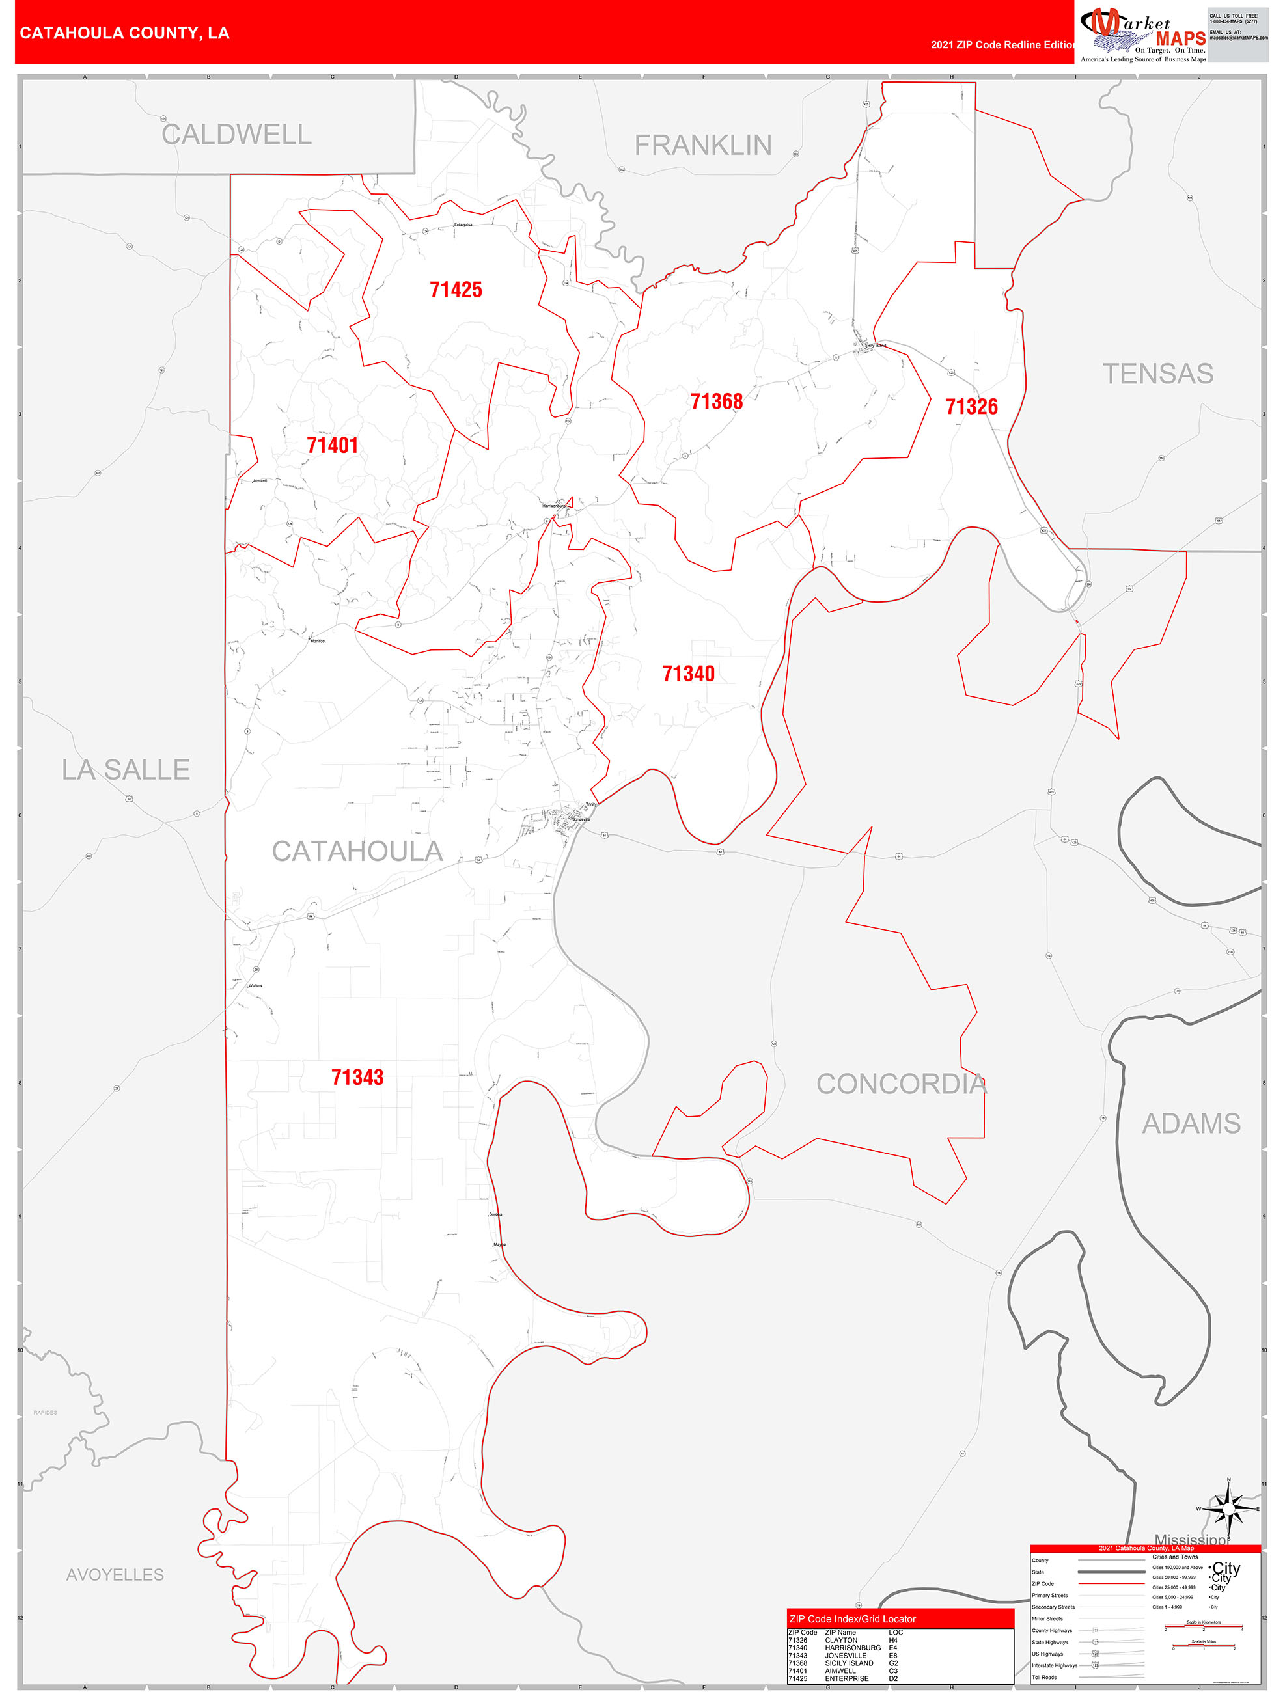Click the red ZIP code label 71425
(x=456, y=290)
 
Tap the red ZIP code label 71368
(x=716, y=402)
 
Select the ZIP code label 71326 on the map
(x=971, y=407)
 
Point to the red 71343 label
(x=357, y=1077)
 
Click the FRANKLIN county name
(x=702, y=145)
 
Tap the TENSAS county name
(x=1157, y=374)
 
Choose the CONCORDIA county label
(x=901, y=1084)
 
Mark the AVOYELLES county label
(x=115, y=1574)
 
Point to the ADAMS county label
(x=1191, y=1124)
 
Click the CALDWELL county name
(x=236, y=135)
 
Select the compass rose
(x=1228, y=1509)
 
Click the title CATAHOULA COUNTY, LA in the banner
(x=124, y=33)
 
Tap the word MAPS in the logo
(x=1180, y=39)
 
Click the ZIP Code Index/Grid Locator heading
(x=852, y=1618)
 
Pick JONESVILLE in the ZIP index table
(x=845, y=1656)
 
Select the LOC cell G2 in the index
(x=893, y=1663)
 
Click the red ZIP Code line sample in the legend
(x=1110, y=1583)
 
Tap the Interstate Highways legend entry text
(x=1054, y=1665)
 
